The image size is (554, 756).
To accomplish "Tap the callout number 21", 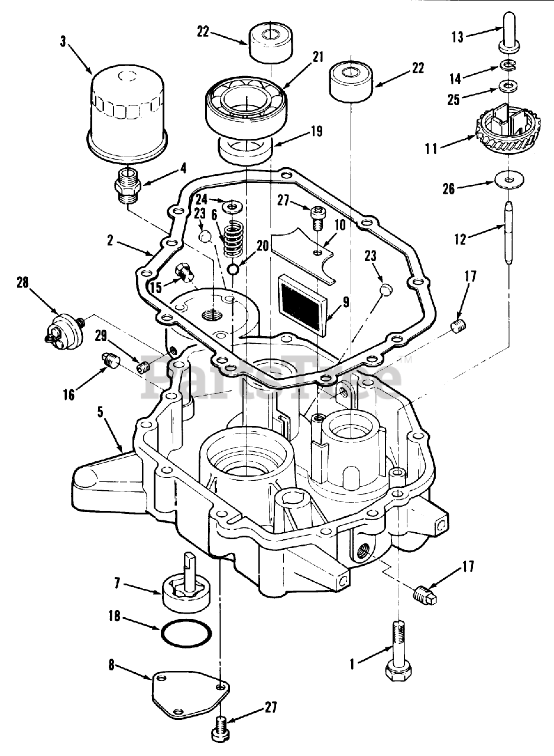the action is (318, 57).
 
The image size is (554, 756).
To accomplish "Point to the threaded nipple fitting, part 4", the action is (128, 185).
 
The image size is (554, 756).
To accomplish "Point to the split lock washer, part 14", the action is (507, 64).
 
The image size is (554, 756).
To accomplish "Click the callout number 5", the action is (101, 414).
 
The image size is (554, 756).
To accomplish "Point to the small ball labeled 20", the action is (234, 269).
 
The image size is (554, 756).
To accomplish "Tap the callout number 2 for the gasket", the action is (110, 241).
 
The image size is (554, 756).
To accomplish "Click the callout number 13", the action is (458, 37).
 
